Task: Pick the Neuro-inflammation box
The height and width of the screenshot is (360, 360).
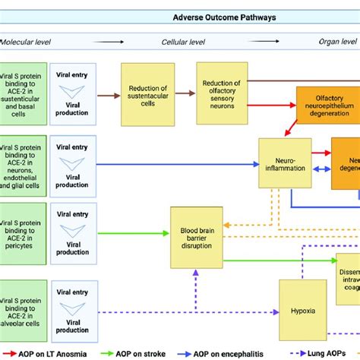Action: point(285,163)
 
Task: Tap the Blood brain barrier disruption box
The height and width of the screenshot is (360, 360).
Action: point(196,236)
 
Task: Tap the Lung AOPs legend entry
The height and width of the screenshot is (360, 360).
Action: point(330,353)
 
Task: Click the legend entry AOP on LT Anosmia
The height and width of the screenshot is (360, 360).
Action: point(52,353)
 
